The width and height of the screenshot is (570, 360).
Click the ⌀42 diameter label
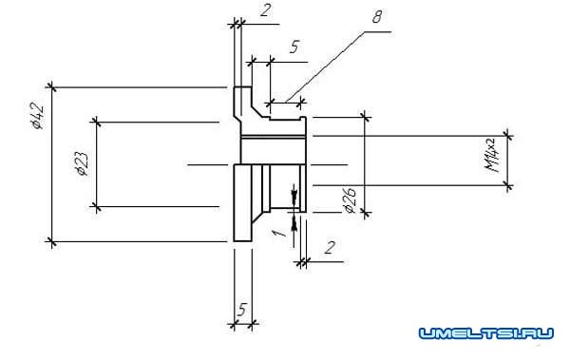[x=37, y=116]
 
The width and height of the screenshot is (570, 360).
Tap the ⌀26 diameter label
[x=350, y=200]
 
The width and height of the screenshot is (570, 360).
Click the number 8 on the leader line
[x=377, y=17]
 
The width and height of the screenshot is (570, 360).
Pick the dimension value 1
[x=280, y=231]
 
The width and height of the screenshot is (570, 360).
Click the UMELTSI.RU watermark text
[x=486, y=333]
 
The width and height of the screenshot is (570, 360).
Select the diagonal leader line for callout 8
[x=324, y=66]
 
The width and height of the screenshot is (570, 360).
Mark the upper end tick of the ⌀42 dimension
[x=51, y=87]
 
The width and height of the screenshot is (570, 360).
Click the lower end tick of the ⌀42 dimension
[x=51, y=241]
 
